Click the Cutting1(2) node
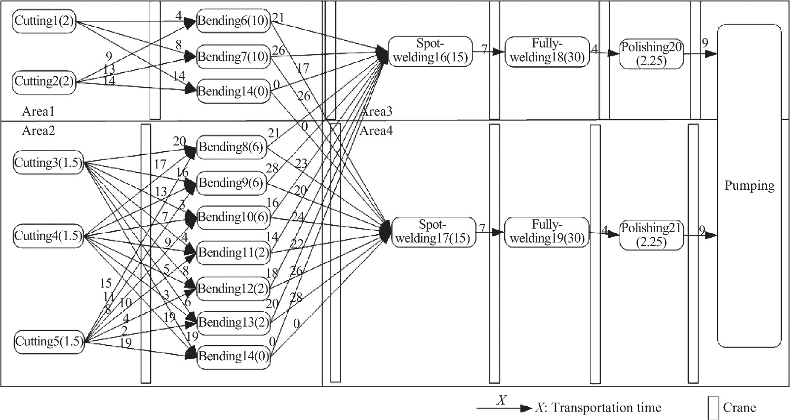44,21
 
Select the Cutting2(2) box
44,81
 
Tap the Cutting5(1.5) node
49,341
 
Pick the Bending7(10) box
233,57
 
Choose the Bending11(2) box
234,253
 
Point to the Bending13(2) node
234,323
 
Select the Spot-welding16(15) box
430,51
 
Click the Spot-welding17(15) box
433,232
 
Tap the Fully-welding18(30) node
547,51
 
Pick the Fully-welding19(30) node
547,232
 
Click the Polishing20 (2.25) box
651,54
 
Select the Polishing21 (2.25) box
651,235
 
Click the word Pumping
749,186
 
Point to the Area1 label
38,112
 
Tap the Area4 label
376,131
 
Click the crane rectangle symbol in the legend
713,408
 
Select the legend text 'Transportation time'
606,408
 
